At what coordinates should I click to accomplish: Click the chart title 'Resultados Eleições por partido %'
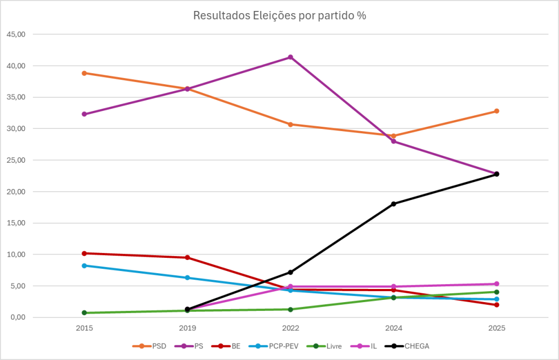pyautogui.click(x=279, y=16)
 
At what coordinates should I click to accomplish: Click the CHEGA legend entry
pyautogui.click(x=414, y=346)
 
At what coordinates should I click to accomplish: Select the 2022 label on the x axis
pyautogui.click(x=290, y=328)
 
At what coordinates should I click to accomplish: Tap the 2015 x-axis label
pyautogui.click(x=84, y=328)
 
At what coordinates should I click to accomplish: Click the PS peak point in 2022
pyautogui.click(x=290, y=57)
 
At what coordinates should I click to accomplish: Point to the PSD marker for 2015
pyautogui.click(x=84, y=73)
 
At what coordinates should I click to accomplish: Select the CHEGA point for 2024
pyautogui.click(x=393, y=204)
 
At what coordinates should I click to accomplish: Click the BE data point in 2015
pyautogui.click(x=84, y=253)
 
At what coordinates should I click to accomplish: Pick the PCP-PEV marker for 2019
pyautogui.click(x=187, y=278)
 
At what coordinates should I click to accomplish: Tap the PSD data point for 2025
pyautogui.click(x=497, y=111)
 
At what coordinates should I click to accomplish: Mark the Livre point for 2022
pyautogui.click(x=290, y=309)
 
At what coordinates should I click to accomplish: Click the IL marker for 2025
pyautogui.click(x=497, y=284)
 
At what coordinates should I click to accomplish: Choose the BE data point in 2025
pyautogui.click(x=497, y=305)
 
